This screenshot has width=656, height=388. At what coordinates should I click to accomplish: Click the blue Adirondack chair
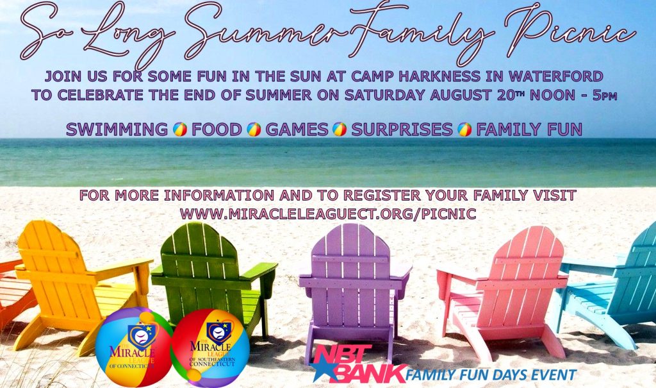click(x=611, y=285)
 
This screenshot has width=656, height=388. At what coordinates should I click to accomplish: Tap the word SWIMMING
click(x=117, y=130)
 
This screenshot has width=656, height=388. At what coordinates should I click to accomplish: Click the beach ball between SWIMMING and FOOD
click(x=180, y=130)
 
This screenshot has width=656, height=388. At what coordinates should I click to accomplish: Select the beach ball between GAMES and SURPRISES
click(x=340, y=130)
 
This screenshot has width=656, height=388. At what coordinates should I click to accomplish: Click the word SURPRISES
click(x=402, y=130)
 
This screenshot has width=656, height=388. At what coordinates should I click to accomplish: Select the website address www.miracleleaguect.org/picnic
click(x=328, y=214)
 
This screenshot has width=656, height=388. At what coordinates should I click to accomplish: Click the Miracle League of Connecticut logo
click(x=133, y=347)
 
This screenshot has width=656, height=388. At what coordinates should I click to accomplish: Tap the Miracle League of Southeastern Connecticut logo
click(x=211, y=346)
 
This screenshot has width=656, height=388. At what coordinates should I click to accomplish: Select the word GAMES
click(x=297, y=130)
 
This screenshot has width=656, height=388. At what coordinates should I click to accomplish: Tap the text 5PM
click(x=605, y=96)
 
